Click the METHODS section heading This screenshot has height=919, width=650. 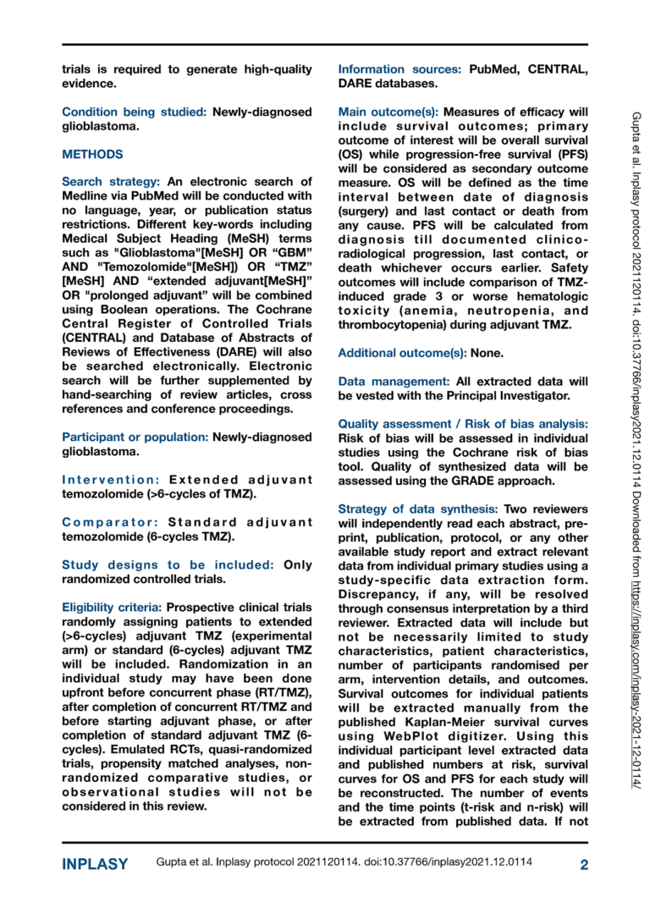pyautogui.click(x=93, y=155)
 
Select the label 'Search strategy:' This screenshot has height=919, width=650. pyautogui.click(x=112, y=182)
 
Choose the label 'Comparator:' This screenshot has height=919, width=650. pyautogui.click(x=112, y=521)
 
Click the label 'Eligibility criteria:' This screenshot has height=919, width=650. pyautogui.click(x=113, y=607)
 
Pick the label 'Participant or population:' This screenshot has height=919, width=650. pyautogui.click(x=135, y=437)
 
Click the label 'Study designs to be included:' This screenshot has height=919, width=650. pyautogui.click(x=168, y=564)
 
